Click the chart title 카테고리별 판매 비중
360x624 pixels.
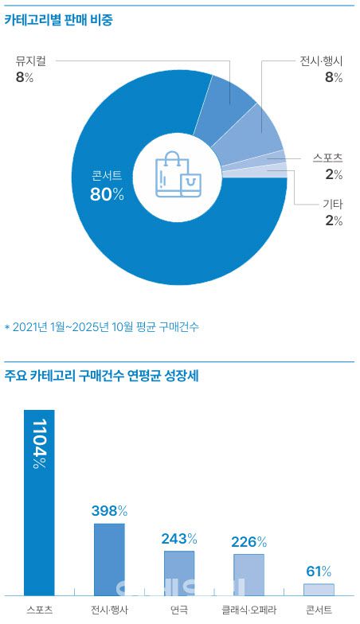click(x=59, y=21)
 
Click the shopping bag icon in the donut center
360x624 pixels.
click(x=178, y=176)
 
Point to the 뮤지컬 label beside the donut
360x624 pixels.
click(x=30, y=60)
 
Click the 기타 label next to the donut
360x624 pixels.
click(x=333, y=205)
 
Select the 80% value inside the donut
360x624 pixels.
click(x=108, y=194)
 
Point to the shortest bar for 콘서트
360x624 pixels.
click(x=319, y=589)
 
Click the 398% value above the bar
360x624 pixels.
click(x=109, y=510)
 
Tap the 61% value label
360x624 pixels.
click(x=319, y=571)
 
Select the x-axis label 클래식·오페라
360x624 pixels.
click(x=248, y=611)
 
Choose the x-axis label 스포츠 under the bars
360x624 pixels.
click(x=39, y=611)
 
